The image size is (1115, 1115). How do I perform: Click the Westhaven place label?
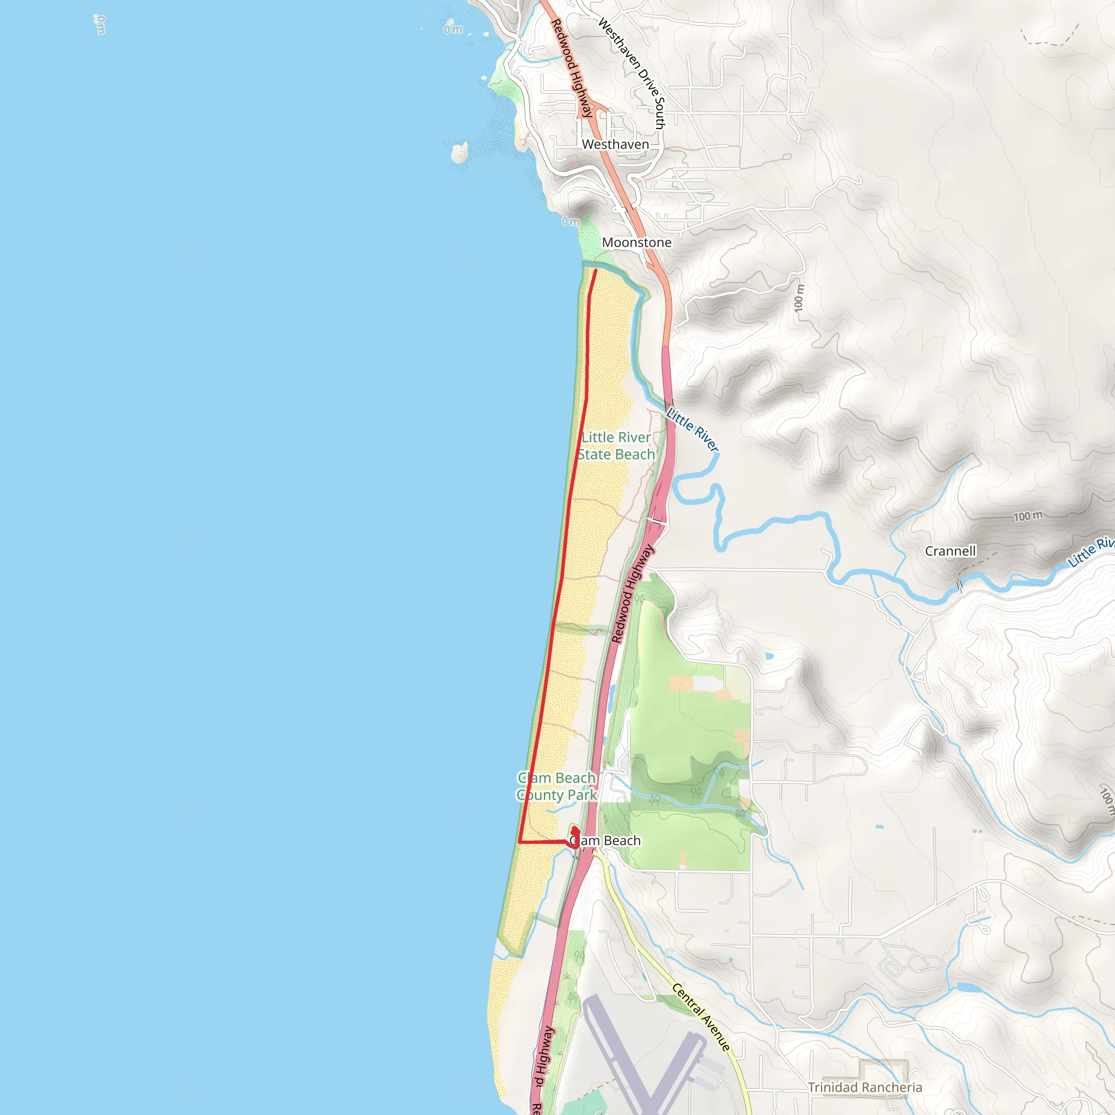(x=615, y=144)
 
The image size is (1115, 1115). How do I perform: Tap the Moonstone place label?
(x=636, y=242)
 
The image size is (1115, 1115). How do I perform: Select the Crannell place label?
(x=950, y=551)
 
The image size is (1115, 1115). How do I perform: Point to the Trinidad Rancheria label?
(x=865, y=1087)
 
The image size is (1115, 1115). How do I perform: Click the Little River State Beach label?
(x=616, y=446)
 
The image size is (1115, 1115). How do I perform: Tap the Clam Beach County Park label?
(x=556, y=787)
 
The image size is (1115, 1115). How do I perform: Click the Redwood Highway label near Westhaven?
(x=571, y=68)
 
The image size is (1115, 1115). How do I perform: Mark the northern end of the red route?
(x=596, y=270)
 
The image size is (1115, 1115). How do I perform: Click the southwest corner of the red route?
(x=520, y=842)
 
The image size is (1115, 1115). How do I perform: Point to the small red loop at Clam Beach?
(x=575, y=837)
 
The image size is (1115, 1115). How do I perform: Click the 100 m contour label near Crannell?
(x=1028, y=516)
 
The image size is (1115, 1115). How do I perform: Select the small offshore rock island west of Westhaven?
(x=460, y=153)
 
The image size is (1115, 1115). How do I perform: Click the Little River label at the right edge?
(x=1091, y=552)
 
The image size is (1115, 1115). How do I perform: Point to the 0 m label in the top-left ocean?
(x=100, y=24)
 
